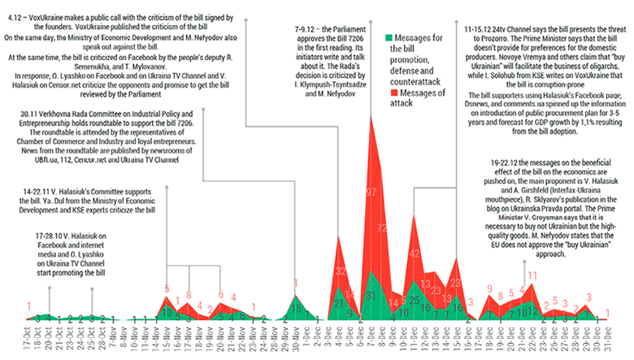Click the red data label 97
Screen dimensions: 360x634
[x=371, y=192]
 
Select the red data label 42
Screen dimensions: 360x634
[x=415, y=253]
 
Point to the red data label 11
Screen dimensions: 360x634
[x=532, y=275]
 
